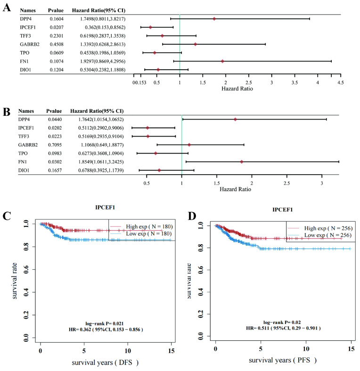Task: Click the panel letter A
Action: point(7,8)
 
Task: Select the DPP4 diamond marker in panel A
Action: point(214,19)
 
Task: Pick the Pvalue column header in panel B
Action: point(54,111)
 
